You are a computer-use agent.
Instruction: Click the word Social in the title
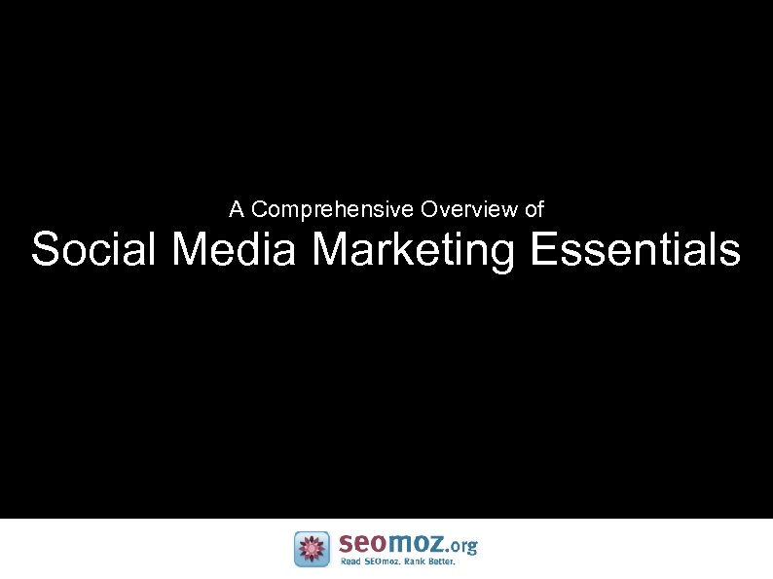(x=94, y=249)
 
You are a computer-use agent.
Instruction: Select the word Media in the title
(x=234, y=249)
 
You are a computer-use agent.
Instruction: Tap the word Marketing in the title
(x=414, y=251)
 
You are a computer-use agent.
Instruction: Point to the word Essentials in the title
(x=636, y=249)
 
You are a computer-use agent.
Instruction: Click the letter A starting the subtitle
(x=236, y=209)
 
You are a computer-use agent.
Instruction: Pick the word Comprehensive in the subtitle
(x=333, y=210)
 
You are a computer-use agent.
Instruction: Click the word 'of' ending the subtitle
(x=534, y=209)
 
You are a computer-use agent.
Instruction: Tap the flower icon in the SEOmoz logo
(x=312, y=549)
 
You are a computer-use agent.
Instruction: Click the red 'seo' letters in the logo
(x=362, y=544)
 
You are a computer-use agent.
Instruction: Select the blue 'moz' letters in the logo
(x=416, y=544)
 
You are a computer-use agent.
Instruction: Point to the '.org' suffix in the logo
(x=460, y=546)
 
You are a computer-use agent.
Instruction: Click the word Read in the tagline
(x=350, y=562)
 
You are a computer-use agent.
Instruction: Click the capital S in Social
(x=45, y=249)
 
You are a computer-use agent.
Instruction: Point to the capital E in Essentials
(x=543, y=249)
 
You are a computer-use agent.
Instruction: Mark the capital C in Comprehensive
(x=258, y=209)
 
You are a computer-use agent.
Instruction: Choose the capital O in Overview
(x=428, y=209)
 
